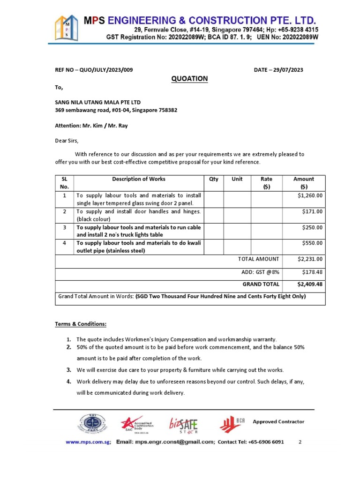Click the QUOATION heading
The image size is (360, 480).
189,79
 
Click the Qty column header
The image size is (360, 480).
214,179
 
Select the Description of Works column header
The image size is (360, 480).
139,179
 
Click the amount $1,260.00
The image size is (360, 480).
310,196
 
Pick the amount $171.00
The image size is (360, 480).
313,212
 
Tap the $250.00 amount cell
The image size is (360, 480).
313,228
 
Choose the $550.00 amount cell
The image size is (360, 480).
313,243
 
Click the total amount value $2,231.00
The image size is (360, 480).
310,259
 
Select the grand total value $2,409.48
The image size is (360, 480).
310,285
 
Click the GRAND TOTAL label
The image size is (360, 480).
261,285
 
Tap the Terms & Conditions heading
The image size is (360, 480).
81,324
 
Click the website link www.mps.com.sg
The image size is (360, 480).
88,442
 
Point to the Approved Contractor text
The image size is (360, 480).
278,422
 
